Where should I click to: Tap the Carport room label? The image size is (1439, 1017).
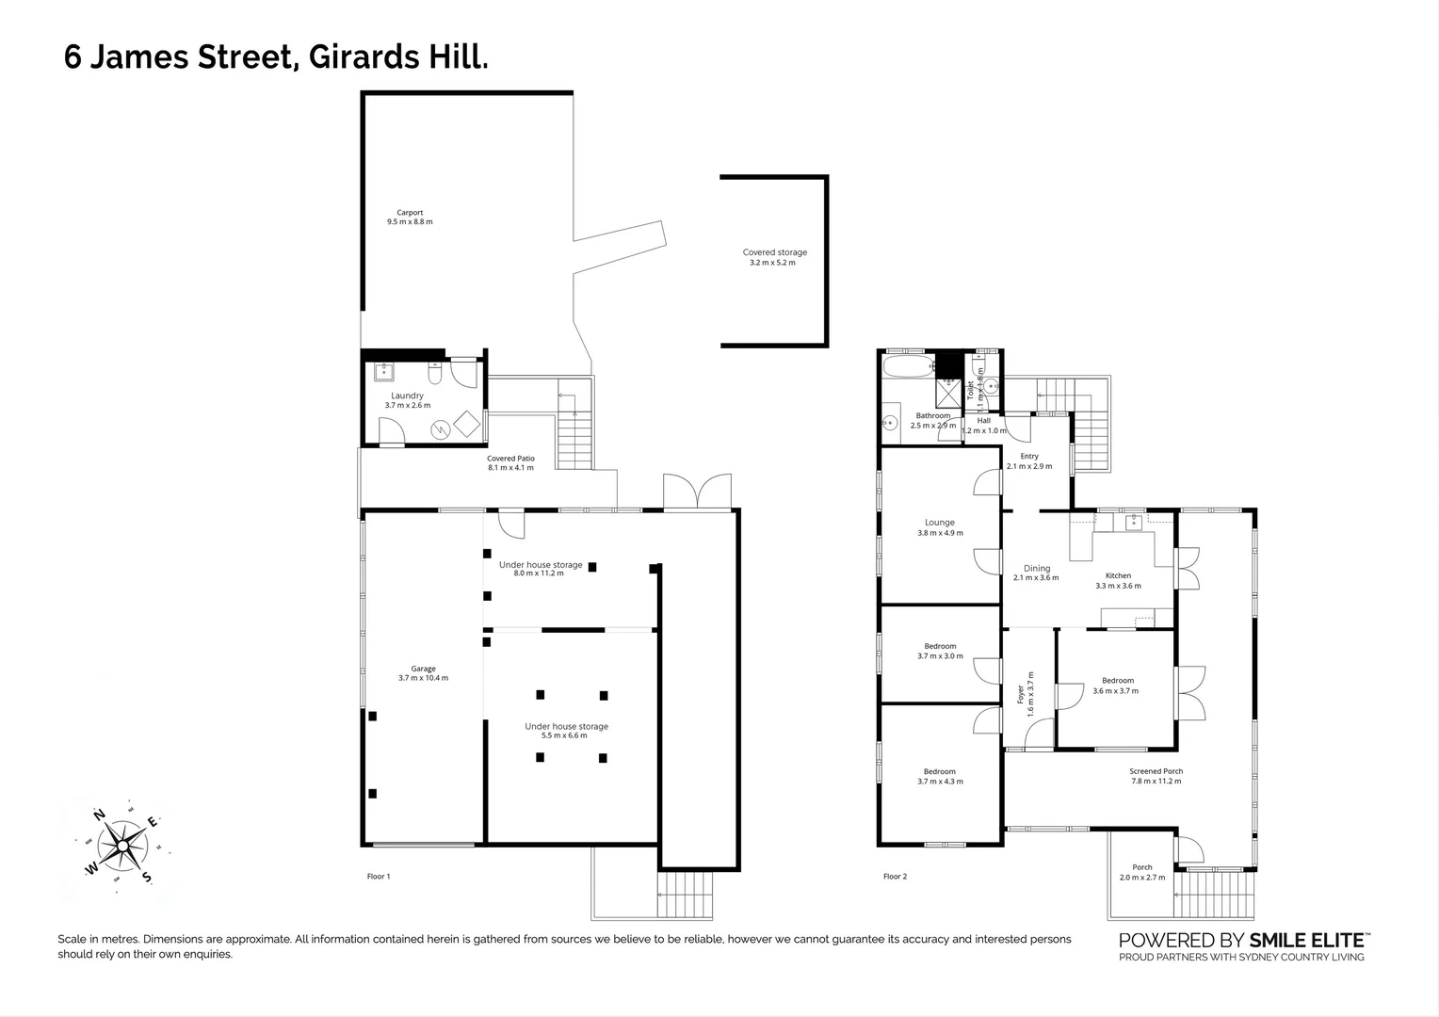tap(409, 213)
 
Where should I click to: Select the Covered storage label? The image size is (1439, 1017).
tap(774, 252)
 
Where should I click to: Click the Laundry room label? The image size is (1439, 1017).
tap(407, 395)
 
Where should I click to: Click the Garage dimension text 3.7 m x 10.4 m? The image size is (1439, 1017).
tap(423, 678)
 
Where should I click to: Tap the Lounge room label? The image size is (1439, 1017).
tap(939, 523)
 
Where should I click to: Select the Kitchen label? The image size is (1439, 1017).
tap(1118, 575)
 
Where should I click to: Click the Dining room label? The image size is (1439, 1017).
tap(1036, 569)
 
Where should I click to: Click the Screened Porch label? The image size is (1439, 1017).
tap(1156, 771)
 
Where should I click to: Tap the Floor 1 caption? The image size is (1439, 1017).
tap(378, 877)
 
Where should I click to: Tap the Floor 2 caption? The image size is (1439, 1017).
tap(895, 877)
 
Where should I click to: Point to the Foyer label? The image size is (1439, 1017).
tap(1020, 695)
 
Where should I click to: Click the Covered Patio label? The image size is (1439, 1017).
tap(510, 459)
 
